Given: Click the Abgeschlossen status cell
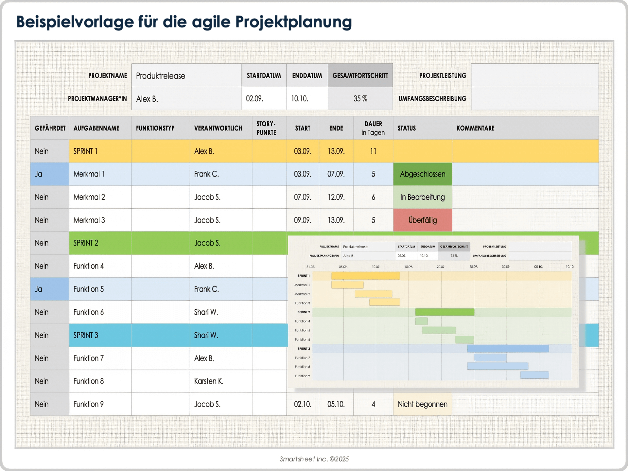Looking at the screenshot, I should [422, 174].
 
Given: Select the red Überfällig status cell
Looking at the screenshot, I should [422, 220].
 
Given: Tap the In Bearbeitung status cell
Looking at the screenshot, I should [422, 197].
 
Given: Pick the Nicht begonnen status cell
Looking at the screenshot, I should [422, 404].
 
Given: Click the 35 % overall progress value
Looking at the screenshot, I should [360, 98].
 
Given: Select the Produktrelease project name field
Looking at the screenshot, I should [186, 76].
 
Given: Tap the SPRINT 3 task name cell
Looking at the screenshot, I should [100, 335].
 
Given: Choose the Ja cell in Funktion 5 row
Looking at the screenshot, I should [49, 289].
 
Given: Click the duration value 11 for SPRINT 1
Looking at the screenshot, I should [373, 151].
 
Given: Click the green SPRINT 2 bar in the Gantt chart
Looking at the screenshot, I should [445, 312].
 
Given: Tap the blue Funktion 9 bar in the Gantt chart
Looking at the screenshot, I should [534, 375].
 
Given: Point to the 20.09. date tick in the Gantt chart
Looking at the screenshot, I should [441, 267].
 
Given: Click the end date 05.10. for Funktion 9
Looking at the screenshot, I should [336, 404].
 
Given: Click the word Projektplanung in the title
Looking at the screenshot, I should [293, 22].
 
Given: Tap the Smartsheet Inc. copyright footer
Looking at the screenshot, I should [314, 459].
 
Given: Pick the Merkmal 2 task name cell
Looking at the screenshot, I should [100, 197].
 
